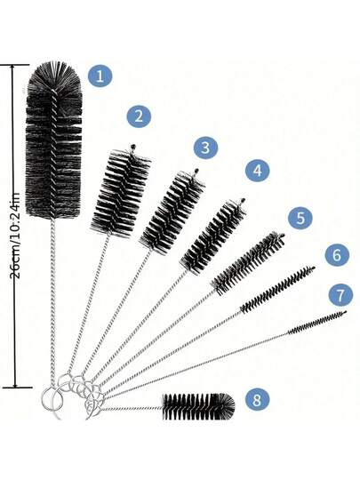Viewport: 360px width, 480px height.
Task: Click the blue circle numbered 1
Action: click(x=100, y=76)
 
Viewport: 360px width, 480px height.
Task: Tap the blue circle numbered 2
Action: click(x=139, y=116)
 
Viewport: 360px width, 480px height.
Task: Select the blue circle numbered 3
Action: click(x=205, y=148)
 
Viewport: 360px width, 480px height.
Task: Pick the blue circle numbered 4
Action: click(x=258, y=170)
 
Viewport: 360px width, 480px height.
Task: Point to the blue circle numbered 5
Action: click(x=300, y=218)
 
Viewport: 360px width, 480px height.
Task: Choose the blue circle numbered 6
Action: click(x=337, y=255)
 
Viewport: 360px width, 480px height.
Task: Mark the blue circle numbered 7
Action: click(x=340, y=295)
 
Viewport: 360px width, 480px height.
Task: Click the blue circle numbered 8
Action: click(x=257, y=399)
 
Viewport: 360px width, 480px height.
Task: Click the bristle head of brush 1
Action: click(x=54, y=140)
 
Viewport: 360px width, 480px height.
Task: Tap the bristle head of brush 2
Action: click(x=121, y=192)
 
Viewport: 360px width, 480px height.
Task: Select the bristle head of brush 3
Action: click(x=172, y=212)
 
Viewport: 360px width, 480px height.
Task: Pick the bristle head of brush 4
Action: click(x=212, y=236)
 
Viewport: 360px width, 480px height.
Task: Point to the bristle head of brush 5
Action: click(x=248, y=264)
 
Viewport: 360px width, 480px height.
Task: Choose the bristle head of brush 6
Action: click(x=277, y=290)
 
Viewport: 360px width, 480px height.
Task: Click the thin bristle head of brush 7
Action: click(x=317, y=323)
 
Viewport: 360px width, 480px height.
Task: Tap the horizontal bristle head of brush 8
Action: click(x=198, y=407)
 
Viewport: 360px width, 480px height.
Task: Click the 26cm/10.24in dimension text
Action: click(x=15, y=236)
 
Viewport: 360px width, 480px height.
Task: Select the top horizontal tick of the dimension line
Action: click(x=14, y=65)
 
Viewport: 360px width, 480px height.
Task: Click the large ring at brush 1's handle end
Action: click(x=42, y=398)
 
